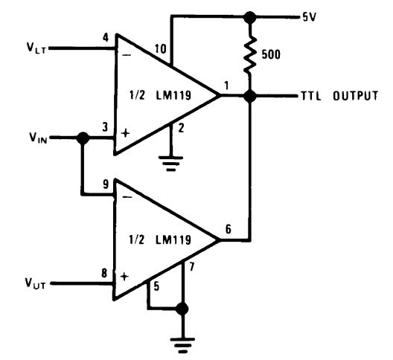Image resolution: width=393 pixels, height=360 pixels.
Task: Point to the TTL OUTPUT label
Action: [339, 96]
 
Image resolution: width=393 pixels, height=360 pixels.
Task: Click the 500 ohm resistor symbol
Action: [251, 56]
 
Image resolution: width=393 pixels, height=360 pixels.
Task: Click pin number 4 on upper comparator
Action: [105, 36]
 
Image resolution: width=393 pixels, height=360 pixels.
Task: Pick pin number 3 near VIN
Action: [105, 127]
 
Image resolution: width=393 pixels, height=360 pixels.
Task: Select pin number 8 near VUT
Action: [105, 272]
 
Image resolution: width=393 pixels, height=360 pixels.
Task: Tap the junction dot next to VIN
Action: [83, 138]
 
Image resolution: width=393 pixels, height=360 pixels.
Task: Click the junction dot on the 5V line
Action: [250, 16]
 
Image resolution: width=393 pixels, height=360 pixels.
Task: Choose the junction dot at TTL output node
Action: [250, 96]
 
